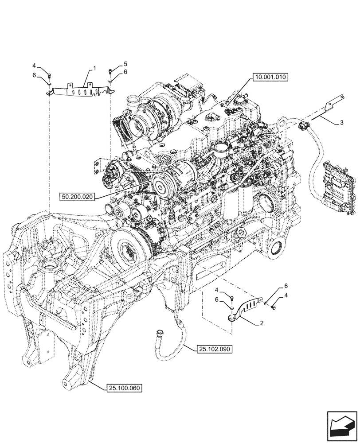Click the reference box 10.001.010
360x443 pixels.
pyautogui.click(x=270, y=77)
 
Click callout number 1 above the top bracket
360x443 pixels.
pyautogui.click(x=94, y=68)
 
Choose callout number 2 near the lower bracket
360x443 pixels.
pyautogui.click(x=262, y=323)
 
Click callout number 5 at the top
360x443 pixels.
pyautogui.click(x=125, y=64)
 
